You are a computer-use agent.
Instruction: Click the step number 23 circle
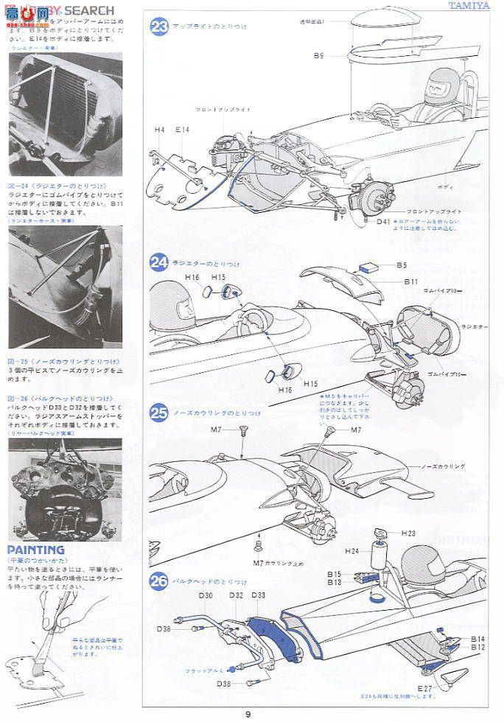(159, 27)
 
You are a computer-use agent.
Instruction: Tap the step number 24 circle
(159, 262)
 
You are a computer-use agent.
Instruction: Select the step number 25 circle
(159, 413)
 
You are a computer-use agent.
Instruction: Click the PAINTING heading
(36, 550)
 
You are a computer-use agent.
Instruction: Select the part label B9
(318, 56)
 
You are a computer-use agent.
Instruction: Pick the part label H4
(160, 130)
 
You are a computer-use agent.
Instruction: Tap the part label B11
(411, 282)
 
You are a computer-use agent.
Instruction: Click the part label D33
(259, 595)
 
